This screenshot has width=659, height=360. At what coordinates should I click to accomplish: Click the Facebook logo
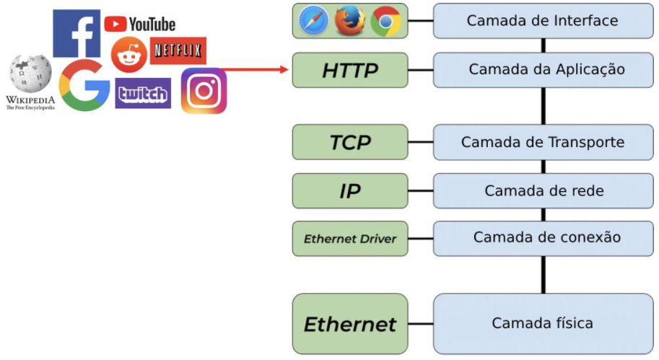[77, 33]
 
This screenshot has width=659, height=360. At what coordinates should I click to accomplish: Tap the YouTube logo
[140, 25]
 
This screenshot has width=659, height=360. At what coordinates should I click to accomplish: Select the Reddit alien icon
[129, 55]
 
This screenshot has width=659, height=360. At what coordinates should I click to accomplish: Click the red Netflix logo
[178, 51]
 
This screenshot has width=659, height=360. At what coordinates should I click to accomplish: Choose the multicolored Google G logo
[84, 85]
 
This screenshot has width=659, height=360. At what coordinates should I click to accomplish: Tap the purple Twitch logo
[143, 93]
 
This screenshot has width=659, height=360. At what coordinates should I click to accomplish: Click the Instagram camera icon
[204, 91]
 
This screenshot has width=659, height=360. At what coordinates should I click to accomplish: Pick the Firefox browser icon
[349, 21]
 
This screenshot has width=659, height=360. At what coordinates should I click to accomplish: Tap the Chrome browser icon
[385, 22]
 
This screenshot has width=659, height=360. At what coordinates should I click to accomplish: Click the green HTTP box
[349, 70]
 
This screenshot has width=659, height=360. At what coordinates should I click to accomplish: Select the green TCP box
[349, 142]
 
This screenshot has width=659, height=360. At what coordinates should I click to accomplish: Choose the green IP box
[349, 190]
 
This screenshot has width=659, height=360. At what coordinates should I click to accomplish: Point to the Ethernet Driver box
[349, 239]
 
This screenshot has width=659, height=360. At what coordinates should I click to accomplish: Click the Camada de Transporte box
[542, 142]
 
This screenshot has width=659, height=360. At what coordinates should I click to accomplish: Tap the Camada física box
[542, 323]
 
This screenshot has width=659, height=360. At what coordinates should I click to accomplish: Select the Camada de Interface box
[542, 21]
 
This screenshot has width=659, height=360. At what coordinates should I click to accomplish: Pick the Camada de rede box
[542, 190]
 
